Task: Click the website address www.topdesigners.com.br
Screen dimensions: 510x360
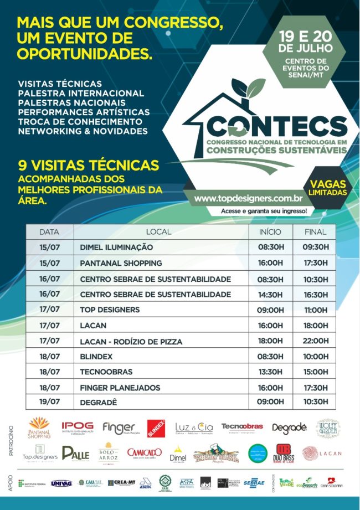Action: pyautogui.click(x=248, y=198)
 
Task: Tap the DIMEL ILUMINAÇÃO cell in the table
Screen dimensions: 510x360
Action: pyautogui.click(x=116, y=247)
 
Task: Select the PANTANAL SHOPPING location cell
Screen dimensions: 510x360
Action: pyautogui.click(x=121, y=262)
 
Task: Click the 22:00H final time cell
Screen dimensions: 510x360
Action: pyautogui.click(x=316, y=341)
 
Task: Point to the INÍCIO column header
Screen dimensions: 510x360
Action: pyautogui.click(x=270, y=231)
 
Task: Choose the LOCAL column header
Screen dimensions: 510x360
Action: pyautogui.click(x=159, y=231)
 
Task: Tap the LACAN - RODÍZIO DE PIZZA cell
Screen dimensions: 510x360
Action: pyautogui.click(x=131, y=341)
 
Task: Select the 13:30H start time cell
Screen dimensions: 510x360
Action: pyautogui.click(x=270, y=372)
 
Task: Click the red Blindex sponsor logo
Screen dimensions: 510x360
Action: pyautogui.click(x=156, y=428)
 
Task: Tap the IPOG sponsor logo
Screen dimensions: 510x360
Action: pyautogui.click(x=78, y=428)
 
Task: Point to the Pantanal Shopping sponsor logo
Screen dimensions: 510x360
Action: pyautogui.click(x=39, y=428)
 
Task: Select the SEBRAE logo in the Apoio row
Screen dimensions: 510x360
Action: pyautogui.click(x=254, y=483)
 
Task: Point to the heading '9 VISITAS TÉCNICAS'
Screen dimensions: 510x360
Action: pyautogui.click(x=89, y=165)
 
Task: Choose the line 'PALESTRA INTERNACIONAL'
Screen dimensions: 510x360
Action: pyautogui.click(x=81, y=93)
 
